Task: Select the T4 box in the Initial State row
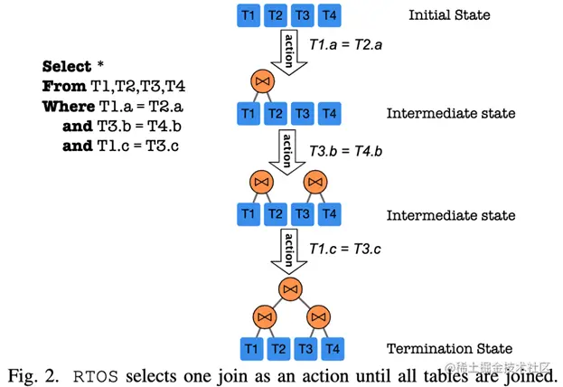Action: (331, 15)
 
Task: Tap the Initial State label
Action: (448, 15)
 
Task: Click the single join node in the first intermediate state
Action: (263, 85)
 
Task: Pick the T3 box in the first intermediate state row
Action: (304, 114)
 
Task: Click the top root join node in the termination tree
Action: (290, 288)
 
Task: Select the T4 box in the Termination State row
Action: (332, 348)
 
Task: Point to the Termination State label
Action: (449, 348)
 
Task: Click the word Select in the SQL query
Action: (67, 67)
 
